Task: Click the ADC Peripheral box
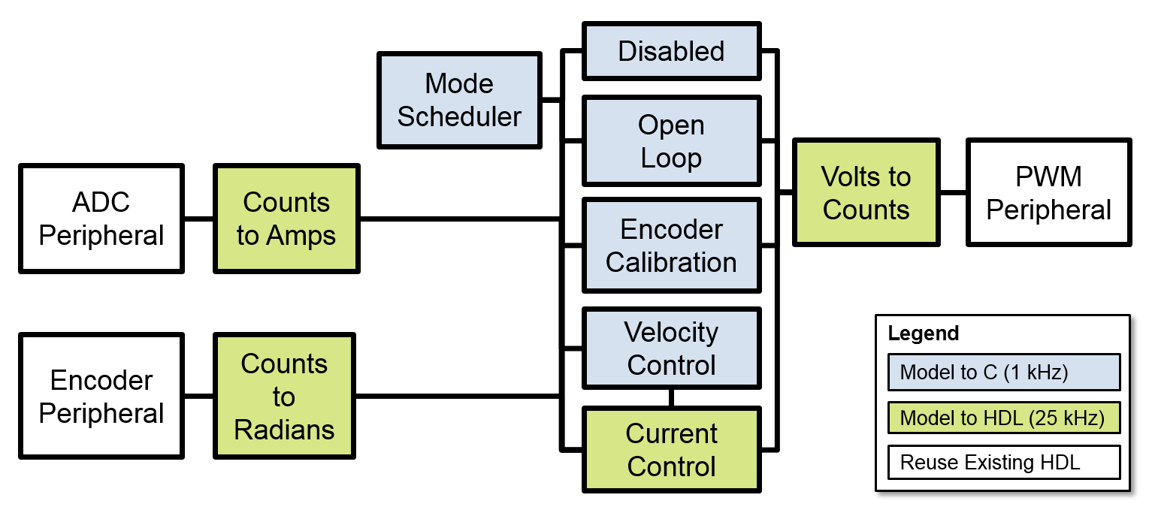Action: (101, 219)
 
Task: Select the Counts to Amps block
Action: (286, 219)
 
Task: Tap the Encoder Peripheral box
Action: (101, 397)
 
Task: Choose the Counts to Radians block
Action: (284, 396)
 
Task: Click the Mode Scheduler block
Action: (459, 99)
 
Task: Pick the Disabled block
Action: (671, 51)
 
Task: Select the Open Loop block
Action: (671, 141)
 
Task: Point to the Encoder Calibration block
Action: (671, 245)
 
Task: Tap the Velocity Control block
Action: (671, 348)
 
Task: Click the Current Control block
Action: (671, 450)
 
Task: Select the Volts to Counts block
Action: (866, 192)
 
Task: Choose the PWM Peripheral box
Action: (1048, 192)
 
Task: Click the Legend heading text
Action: (923, 333)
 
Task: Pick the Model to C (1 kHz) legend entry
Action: (1003, 373)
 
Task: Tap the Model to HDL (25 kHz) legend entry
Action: (1003, 418)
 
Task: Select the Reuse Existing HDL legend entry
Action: (1003, 462)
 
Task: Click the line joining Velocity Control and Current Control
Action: (671, 397)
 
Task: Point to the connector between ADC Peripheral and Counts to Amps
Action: (199, 219)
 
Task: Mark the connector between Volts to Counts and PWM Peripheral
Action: (953, 192)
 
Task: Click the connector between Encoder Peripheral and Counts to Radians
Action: (199, 396)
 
